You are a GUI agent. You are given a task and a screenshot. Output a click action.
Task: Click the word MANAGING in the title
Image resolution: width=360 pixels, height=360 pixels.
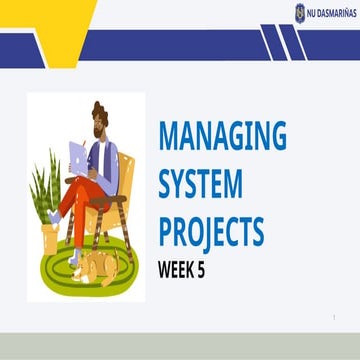tap(222, 135)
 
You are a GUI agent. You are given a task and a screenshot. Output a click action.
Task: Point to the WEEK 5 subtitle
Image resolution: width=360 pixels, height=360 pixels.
tap(188, 268)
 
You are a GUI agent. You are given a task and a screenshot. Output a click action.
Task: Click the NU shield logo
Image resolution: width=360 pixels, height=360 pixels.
tap(299, 12)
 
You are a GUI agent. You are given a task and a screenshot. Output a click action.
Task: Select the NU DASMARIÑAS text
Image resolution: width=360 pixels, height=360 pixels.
tap(331, 13)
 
